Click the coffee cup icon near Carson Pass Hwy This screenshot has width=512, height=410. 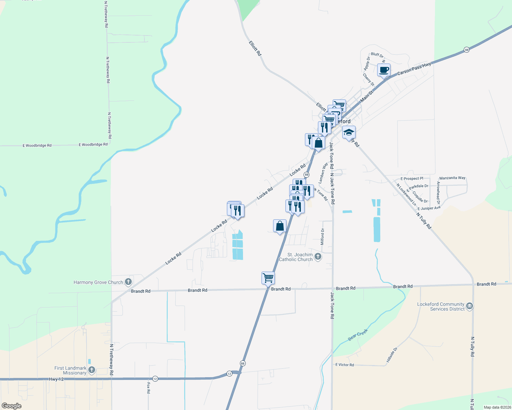click(x=384, y=70)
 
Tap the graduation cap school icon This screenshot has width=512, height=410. click(x=349, y=132)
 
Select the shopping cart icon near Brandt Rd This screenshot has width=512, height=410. click(x=268, y=278)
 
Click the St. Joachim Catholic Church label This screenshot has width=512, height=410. click(x=296, y=257)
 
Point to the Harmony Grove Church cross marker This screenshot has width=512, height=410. click(x=128, y=282)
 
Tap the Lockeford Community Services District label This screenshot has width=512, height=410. click(x=441, y=306)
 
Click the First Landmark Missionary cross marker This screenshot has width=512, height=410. click(x=91, y=370)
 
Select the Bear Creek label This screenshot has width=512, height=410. click(x=358, y=334)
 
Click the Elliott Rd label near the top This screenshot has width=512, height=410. click(x=255, y=49)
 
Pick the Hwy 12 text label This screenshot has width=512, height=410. click(x=56, y=379)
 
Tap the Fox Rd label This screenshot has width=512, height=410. click(x=149, y=387)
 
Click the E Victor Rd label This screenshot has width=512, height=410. click(x=345, y=365)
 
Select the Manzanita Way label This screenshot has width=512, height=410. click(x=452, y=178)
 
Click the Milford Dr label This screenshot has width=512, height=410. click(x=322, y=237)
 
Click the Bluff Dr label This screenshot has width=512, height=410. click(x=377, y=55)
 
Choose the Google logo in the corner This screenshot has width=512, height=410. click(x=12, y=406)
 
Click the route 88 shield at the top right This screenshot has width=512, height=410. click(x=466, y=50)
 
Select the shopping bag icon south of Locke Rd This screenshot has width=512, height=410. click(x=280, y=226)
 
